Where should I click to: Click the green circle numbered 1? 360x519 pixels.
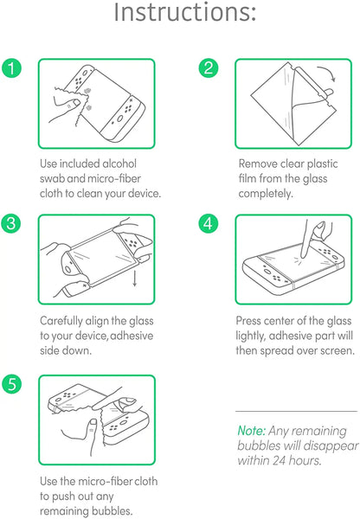(x=11, y=68)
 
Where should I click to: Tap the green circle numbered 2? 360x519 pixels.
(x=209, y=68)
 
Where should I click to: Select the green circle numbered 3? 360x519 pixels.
(x=11, y=223)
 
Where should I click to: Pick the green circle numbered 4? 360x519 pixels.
(x=209, y=223)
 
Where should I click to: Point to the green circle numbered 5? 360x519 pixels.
(x=11, y=384)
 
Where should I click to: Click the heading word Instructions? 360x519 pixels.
(x=185, y=12)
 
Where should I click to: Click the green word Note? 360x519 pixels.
(x=251, y=431)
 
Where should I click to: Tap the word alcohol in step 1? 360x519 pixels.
(x=119, y=163)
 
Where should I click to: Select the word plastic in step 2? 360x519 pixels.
(x=322, y=163)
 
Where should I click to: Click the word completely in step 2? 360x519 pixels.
(x=266, y=194)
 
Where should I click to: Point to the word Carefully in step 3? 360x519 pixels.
(x=61, y=321)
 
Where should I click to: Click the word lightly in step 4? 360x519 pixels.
(x=251, y=336)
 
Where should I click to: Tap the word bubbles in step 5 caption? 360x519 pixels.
(x=112, y=510)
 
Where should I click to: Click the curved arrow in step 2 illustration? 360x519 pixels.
(x=327, y=72)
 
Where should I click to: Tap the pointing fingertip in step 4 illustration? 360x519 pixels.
(x=304, y=254)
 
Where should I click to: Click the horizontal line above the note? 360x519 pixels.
(x=297, y=411)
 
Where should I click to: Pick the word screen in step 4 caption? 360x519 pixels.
(x=337, y=351)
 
